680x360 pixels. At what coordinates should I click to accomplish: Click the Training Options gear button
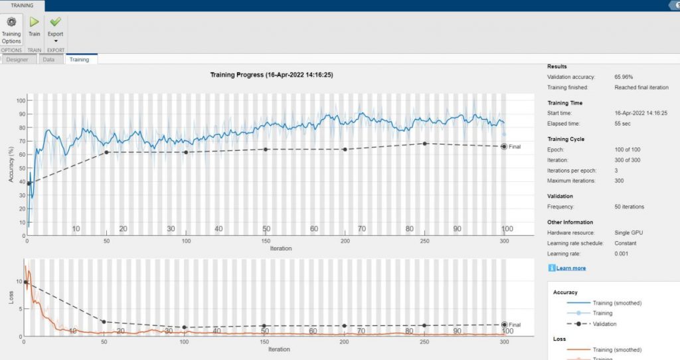pyautogui.click(x=11, y=29)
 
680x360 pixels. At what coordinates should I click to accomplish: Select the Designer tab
pyautogui.click(x=17, y=59)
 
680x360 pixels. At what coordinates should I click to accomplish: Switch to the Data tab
pyautogui.click(x=48, y=59)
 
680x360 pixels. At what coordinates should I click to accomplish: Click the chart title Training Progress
pyautogui.click(x=272, y=75)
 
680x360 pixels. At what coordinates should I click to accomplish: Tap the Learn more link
pyautogui.click(x=570, y=268)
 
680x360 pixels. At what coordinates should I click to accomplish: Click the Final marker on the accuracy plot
pyautogui.click(x=504, y=146)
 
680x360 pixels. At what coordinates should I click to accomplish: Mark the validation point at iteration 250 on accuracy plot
pyautogui.click(x=425, y=143)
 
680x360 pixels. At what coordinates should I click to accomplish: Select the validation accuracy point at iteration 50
pyautogui.click(x=106, y=152)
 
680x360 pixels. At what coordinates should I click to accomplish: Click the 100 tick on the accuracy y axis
pyautogui.click(x=21, y=100)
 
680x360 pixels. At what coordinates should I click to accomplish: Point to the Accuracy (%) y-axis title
pyautogui.click(x=11, y=163)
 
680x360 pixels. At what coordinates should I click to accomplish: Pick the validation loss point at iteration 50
pyautogui.click(x=104, y=322)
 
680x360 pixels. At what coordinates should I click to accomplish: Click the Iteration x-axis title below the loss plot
pyautogui.click(x=279, y=349)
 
